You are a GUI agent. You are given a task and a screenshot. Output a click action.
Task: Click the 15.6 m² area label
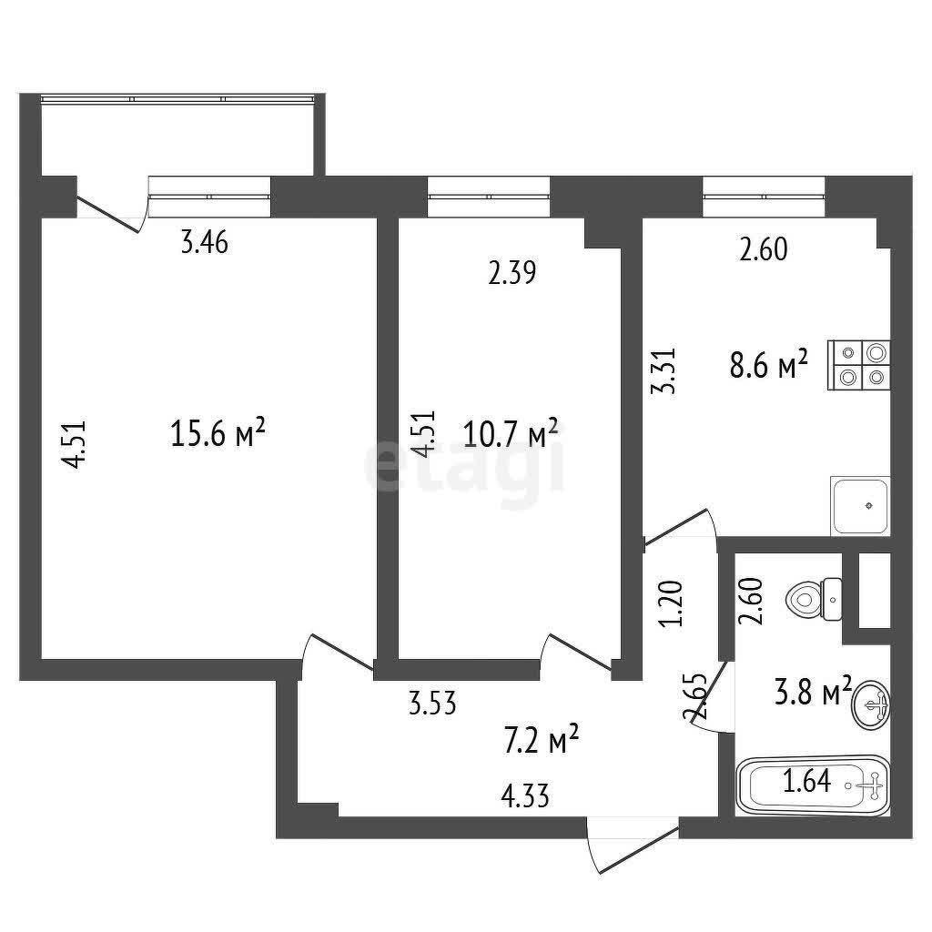[217, 432]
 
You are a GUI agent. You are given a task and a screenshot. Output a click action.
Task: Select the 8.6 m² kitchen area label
[768, 364]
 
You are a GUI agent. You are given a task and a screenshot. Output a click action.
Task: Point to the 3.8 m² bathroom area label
[813, 691]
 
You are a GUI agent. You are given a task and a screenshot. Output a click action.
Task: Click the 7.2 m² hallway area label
[541, 739]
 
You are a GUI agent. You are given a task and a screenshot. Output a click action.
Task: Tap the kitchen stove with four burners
[859, 365]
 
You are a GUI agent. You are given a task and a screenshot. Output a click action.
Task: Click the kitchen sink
[860, 505]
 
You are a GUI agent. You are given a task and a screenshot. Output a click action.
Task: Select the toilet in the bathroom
[813, 599]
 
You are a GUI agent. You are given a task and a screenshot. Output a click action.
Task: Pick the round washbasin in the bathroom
[871, 705]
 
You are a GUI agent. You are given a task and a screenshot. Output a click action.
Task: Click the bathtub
[813, 785]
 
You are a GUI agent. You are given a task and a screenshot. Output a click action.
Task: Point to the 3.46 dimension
[205, 243]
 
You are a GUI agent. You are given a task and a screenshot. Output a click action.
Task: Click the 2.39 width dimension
[512, 273]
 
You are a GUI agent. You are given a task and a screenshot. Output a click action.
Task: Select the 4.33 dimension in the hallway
[525, 795]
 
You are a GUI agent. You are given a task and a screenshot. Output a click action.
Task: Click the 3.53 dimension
[432, 704]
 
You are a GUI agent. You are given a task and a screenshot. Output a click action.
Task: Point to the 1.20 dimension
[673, 604]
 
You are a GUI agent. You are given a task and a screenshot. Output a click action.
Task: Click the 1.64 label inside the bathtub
[806, 781]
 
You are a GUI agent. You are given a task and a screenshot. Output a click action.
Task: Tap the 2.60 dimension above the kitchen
[764, 249]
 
